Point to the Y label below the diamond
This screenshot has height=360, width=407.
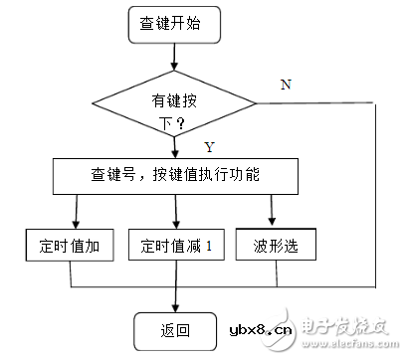click(210, 147)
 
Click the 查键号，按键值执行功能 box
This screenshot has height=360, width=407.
click(175, 176)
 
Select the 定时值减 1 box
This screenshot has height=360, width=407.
click(175, 245)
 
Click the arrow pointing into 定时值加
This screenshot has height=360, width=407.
click(76, 211)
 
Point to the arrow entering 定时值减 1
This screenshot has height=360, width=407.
click(175, 211)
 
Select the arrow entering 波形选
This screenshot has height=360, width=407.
click(272, 211)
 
